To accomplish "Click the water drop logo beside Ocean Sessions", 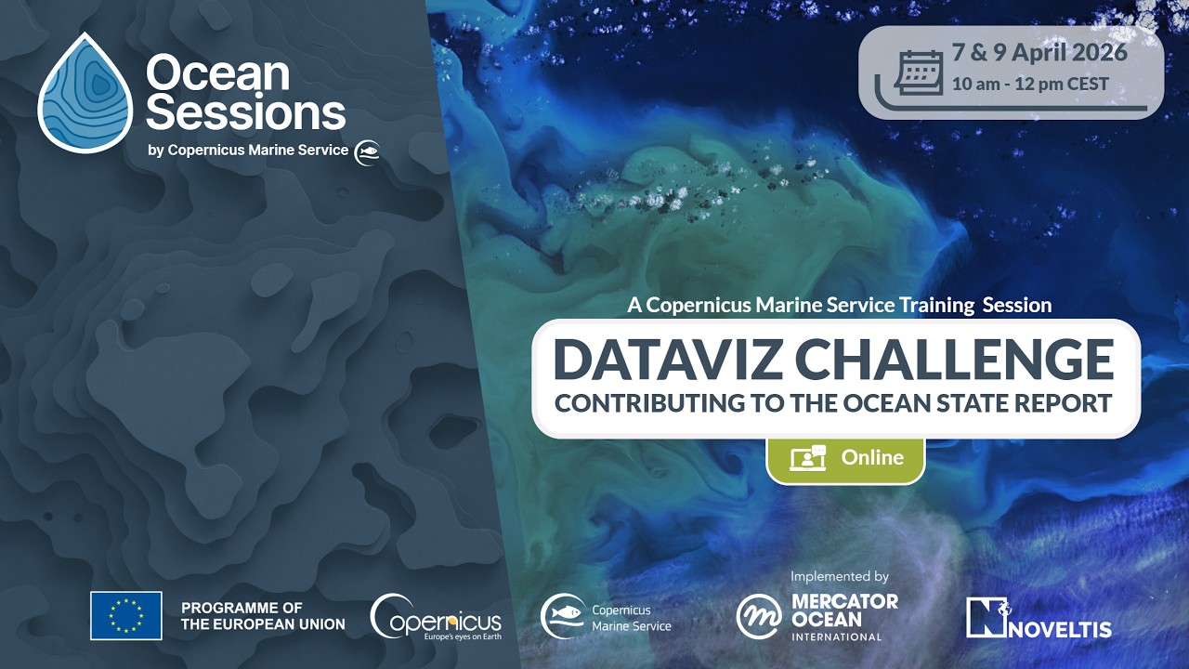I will (x=85, y=94).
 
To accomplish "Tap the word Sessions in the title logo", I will (x=246, y=113).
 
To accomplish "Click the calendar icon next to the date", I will (x=918, y=72).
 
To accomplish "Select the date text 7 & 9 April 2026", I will (x=1039, y=52).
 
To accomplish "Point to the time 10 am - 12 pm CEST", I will (x=1030, y=84).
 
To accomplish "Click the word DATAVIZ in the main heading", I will (x=666, y=360).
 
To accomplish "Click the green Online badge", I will (x=845, y=458).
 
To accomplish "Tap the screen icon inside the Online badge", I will (x=807, y=458).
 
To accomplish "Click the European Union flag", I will (x=126, y=615).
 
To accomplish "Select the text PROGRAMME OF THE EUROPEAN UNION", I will (x=263, y=616).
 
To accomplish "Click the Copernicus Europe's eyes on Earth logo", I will (x=436, y=617).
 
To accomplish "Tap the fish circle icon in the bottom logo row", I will (x=563, y=617).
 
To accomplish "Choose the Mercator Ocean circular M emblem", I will (x=759, y=617).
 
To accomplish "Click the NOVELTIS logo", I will (x=1039, y=618).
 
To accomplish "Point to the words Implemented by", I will (x=840, y=576).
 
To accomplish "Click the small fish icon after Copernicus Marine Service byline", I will (x=367, y=152).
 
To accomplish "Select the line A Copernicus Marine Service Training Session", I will (x=839, y=305).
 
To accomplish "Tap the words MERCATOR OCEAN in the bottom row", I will (x=844, y=610).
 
